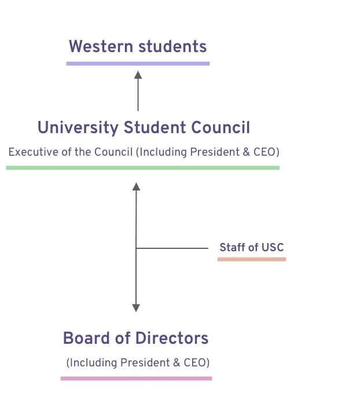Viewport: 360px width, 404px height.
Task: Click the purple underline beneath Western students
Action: pyautogui.click(x=138, y=63)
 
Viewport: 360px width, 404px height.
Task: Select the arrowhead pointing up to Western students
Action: pyautogui.click(x=138, y=74)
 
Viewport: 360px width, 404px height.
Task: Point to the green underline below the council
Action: pyautogui.click(x=142, y=168)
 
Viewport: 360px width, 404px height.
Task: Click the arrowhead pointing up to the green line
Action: pyautogui.click(x=136, y=186)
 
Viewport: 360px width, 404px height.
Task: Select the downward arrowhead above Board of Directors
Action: pyautogui.click(x=136, y=308)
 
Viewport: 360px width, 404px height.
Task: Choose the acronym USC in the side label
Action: pyautogui.click(x=273, y=248)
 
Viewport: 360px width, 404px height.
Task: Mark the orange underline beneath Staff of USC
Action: pyautogui.click(x=252, y=259)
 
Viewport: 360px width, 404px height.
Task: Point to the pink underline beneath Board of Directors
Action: pyautogui.click(x=137, y=379)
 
